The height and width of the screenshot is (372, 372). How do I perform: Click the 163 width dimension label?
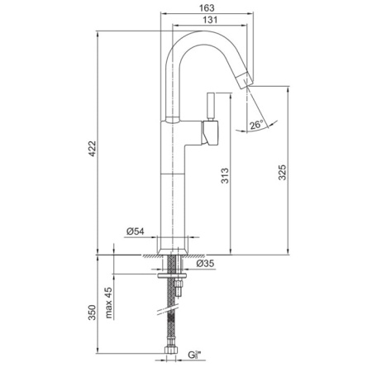click(207, 8)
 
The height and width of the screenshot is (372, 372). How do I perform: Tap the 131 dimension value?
click(210, 20)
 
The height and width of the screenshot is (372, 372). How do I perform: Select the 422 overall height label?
click(93, 149)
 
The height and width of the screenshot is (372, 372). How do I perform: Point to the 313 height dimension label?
click(225, 176)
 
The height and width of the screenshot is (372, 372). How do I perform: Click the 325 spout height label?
click(282, 173)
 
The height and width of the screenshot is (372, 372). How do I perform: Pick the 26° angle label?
click(256, 125)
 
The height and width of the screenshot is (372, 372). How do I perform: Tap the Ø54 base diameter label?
click(136, 231)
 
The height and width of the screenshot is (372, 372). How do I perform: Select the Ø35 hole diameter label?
click(205, 264)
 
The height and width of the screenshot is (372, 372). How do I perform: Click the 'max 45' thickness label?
click(108, 303)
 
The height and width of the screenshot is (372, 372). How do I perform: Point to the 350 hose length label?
click(92, 312)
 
